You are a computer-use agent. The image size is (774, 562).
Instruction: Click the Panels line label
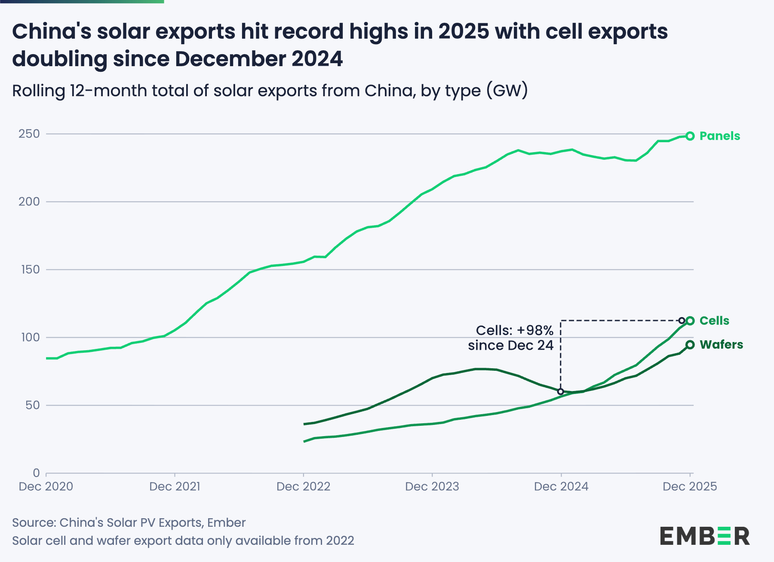(719, 136)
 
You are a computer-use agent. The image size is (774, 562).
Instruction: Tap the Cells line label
(714, 321)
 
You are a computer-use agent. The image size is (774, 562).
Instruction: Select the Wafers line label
(721, 345)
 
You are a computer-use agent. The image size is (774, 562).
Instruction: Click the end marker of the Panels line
(690, 136)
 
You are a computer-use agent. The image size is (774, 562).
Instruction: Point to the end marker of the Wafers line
(690, 345)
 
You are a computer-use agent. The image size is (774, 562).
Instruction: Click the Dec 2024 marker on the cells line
(560, 391)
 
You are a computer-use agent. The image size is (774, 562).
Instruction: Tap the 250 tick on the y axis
(29, 134)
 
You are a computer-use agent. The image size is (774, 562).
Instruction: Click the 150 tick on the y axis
(30, 269)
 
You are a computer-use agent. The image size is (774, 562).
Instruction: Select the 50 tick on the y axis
(32, 405)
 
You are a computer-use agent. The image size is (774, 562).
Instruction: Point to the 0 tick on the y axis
(36, 473)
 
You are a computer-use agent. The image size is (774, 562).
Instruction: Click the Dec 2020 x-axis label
(46, 486)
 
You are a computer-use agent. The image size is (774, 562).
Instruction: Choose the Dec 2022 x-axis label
(303, 486)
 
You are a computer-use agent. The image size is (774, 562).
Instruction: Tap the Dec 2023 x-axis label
(432, 486)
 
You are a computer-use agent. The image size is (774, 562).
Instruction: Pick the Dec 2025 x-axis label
(690, 486)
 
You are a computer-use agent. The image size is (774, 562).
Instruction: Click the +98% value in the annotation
(535, 330)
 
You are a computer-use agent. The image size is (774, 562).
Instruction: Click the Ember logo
(705, 536)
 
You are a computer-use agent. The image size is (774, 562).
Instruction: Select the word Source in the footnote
(34, 522)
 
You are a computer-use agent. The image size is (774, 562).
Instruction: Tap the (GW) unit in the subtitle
(507, 91)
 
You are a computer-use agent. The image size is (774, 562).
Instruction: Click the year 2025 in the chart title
(464, 31)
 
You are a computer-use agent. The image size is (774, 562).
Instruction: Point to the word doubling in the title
(60, 59)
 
